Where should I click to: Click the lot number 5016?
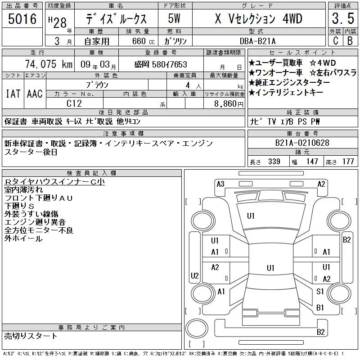22,19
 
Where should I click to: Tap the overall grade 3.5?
343,19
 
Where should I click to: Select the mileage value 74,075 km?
49,64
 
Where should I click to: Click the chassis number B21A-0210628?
302,143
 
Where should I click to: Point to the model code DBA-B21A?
257,41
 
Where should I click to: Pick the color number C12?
74,103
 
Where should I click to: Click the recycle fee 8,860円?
229,104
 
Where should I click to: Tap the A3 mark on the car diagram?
220,184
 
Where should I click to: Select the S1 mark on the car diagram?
320,292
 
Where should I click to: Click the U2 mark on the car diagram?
195,275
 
